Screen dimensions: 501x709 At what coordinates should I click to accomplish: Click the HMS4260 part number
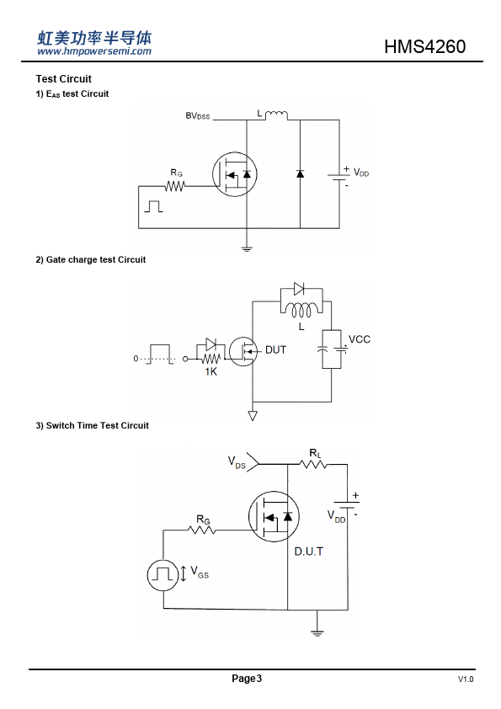[424, 46]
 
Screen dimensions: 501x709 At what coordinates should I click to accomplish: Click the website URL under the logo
[94, 51]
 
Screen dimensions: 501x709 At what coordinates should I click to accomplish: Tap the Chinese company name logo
[94, 38]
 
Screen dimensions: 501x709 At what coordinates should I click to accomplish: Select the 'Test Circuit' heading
[64, 79]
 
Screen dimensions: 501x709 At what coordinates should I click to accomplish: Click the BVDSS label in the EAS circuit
[198, 115]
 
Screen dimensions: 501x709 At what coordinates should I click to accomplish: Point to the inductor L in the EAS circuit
[276, 115]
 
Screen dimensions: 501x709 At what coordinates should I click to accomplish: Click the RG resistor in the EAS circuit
[175, 186]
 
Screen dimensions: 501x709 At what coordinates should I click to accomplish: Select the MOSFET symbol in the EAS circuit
[235, 174]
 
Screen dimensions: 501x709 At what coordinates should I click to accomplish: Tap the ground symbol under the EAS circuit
[247, 248]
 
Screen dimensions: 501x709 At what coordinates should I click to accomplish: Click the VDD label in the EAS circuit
[361, 173]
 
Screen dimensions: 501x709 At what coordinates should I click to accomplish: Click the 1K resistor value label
[211, 371]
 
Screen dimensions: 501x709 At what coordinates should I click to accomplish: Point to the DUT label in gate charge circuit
[276, 350]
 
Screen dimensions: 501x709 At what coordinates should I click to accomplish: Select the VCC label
[360, 339]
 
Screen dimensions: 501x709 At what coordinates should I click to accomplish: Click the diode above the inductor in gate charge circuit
[299, 289]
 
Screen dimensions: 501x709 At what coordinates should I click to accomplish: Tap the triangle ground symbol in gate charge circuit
[253, 415]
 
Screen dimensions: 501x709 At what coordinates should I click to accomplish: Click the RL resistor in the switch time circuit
[313, 464]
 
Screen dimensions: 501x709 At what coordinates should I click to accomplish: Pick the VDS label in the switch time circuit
[237, 462]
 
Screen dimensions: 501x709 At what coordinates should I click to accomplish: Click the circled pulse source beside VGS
[163, 575]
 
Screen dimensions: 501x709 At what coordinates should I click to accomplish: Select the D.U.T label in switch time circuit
[309, 552]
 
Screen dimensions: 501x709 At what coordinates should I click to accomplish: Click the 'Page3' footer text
[247, 678]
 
